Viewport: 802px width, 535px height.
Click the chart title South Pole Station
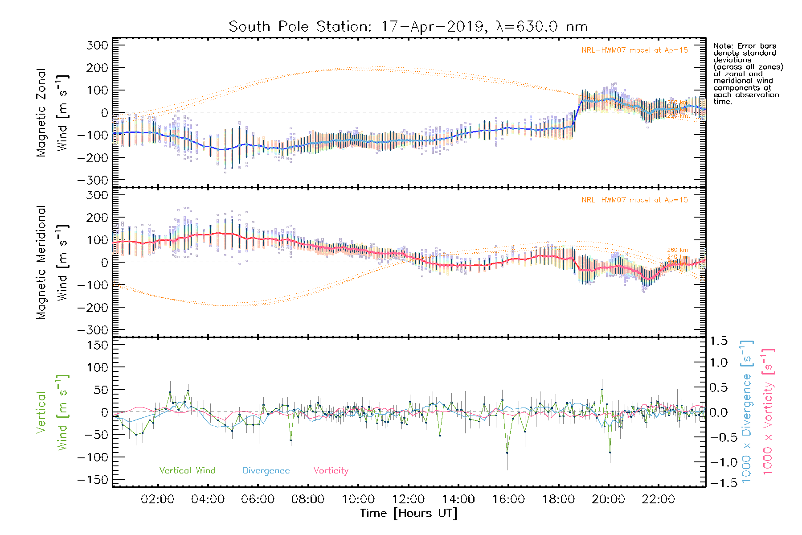click(x=408, y=27)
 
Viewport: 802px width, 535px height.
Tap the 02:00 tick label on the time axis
click(x=157, y=499)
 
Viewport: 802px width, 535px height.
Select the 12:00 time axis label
click(x=408, y=499)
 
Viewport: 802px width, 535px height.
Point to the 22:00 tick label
click(x=659, y=499)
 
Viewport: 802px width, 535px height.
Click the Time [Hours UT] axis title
click(x=409, y=513)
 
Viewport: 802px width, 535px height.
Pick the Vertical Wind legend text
click(x=187, y=471)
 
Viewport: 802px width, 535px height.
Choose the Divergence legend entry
click(x=266, y=471)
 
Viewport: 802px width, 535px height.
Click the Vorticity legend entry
click(x=331, y=471)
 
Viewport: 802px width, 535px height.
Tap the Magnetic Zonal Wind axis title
click(x=52, y=113)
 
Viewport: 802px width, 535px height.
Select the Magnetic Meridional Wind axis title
click(x=52, y=263)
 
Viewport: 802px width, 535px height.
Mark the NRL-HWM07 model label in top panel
click(x=634, y=50)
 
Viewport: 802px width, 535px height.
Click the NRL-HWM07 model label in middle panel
click(x=634, y=200)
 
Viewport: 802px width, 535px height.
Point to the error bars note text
click(x=748, y=74)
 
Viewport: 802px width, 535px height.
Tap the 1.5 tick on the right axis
click(x=718, y=341)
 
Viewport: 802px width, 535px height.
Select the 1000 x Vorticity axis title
click(x=768, y=412)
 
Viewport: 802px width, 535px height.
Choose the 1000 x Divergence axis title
click(x=747, y=412)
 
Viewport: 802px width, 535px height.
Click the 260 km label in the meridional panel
click(x=677, y=250)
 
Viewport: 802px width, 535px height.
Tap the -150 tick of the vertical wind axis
click(x=93, y=480)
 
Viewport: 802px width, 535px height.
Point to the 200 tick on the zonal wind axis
click(x=98, y=68)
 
